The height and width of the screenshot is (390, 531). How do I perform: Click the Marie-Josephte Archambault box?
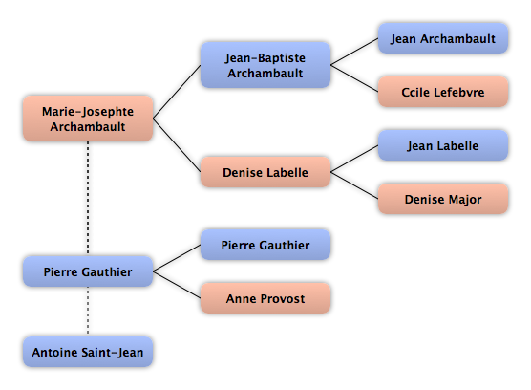click(88, 119)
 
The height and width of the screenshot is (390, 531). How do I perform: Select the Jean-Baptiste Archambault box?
click(265, 65)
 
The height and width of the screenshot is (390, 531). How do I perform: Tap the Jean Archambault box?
click(442, 38)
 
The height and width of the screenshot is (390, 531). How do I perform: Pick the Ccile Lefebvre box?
click(442, 92)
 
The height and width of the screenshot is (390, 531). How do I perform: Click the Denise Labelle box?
click(265, 172)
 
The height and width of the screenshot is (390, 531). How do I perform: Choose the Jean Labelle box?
click(442, 145)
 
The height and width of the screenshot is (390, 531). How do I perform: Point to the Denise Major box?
click(442, 199)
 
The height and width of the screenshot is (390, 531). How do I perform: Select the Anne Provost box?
click(265, 298)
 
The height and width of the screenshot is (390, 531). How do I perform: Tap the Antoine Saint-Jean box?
click(88, 352)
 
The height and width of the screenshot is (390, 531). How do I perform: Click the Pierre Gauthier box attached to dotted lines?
click(88, 271)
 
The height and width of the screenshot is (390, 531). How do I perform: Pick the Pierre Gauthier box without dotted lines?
click(265, 245)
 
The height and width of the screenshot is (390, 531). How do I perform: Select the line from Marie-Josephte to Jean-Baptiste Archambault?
click(177, 92)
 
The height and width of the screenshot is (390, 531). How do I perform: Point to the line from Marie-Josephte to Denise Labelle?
click(177, 145)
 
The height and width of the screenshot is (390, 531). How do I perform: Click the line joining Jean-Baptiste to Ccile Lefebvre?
click(354, 78)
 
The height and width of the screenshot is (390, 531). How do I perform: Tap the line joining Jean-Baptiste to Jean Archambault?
click(354, 52)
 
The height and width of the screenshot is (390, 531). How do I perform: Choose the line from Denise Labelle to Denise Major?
click(354, 185)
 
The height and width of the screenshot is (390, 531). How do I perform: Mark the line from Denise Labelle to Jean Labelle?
click(354, 159)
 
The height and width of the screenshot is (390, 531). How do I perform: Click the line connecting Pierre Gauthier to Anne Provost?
click(177, 285)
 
